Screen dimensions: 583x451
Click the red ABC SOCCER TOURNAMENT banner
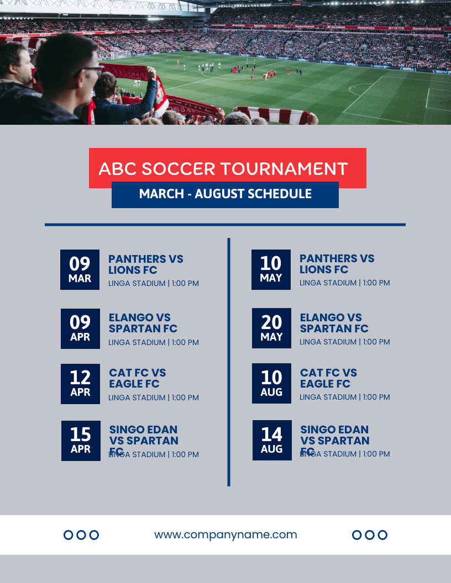click(227, 168)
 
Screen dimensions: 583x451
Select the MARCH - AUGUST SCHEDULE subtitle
click(225, 194)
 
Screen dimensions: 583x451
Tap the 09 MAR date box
click(80, 269)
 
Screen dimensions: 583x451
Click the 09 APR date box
click(80, 328)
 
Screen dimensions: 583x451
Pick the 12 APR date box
click(80, 384)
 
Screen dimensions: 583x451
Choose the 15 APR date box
click(81, 441)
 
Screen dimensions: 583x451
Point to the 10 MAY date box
click(271, 269)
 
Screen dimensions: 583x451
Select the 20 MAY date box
click(271, 328)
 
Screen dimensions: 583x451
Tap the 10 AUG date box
click(271, 383)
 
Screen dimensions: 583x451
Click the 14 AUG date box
click(272, 440)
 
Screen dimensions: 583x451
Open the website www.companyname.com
click(225, 534)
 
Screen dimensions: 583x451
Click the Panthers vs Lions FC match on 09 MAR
click(146, 264)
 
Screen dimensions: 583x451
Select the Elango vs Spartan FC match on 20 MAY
click(334, 323)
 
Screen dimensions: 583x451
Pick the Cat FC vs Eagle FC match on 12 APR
click(137, 378)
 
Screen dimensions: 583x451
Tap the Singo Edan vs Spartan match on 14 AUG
click(334, 435)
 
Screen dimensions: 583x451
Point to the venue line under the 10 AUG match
click(345, 397)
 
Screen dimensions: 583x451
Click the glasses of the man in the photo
click(91, 70)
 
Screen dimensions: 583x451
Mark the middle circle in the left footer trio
click(81, 534)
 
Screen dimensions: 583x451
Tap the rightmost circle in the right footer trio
click(382, 534)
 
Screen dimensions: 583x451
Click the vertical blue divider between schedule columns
click(229, 362)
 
